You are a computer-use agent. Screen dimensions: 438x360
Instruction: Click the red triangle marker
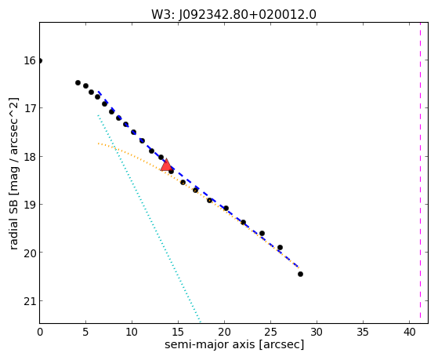pos(166,165)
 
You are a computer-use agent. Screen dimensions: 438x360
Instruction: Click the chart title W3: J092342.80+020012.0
pos(233,15)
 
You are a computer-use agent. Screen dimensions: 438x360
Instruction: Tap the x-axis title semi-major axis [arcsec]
pos(234,344)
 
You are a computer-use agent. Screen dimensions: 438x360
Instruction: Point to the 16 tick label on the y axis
pos(29,60)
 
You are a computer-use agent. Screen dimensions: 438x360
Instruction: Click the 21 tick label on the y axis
pos(29,301)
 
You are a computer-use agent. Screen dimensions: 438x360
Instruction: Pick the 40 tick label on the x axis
pos(409,333)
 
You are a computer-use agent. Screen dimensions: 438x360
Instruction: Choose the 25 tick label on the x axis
pos(270,333)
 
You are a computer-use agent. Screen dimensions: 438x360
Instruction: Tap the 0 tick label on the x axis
pos(40,333)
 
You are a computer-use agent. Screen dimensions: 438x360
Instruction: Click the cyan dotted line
pos(149,218)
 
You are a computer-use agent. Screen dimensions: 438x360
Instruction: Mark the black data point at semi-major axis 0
pos(40,60)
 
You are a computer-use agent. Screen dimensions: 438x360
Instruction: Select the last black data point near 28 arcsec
pos(300,275)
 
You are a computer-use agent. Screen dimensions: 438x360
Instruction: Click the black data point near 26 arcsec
pos(280,248)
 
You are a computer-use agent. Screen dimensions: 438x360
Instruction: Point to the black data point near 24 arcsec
pos(262,233)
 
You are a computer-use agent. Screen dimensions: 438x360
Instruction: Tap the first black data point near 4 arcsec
pos(78,83)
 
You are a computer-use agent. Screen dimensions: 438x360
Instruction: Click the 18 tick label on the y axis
pos(29,156)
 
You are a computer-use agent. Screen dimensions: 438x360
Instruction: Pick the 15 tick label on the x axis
pos(178,333)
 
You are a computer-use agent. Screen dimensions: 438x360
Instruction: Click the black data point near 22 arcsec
pos(244,223)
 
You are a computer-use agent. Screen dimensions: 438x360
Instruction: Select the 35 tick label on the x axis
pos(363,333)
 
